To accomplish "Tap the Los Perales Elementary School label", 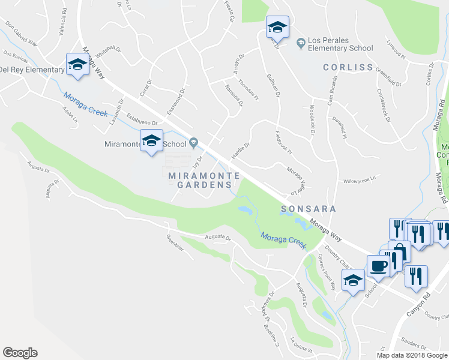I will pos(340,44).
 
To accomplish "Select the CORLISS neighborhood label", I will pos(348,67).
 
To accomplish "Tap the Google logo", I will pos(20,353).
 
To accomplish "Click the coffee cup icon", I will pos(377,266).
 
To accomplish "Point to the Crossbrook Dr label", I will pos(384,106).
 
